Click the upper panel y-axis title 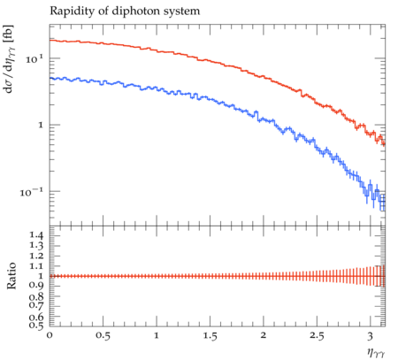click(9, 59)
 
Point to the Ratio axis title click(11, 276)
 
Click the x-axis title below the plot click(376, 352)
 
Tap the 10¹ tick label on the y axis click(34, 59)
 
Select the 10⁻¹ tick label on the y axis click(31, 192)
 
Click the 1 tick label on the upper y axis click(41, 125)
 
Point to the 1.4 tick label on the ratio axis click(36, 235)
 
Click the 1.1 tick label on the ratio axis click(36, 266)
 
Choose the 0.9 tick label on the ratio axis click(36, 286)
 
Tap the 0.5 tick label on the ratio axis click(36, 326)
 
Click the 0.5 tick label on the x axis click(103, 336)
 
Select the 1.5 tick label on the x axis click(210, 336)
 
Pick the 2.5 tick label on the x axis click(317, 336)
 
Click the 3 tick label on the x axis click(370, 336)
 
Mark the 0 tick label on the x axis click(50, 335)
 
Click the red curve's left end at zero click(50, 40)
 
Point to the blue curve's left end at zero click(50, 78)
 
